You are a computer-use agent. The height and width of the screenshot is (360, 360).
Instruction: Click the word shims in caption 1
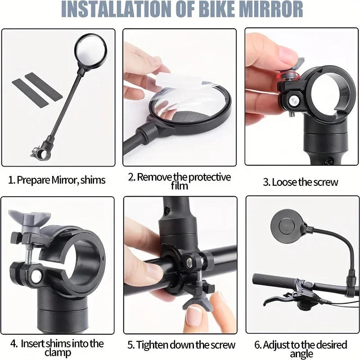(x=92, y=180)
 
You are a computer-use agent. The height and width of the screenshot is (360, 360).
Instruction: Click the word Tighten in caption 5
(x=157, y=345)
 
